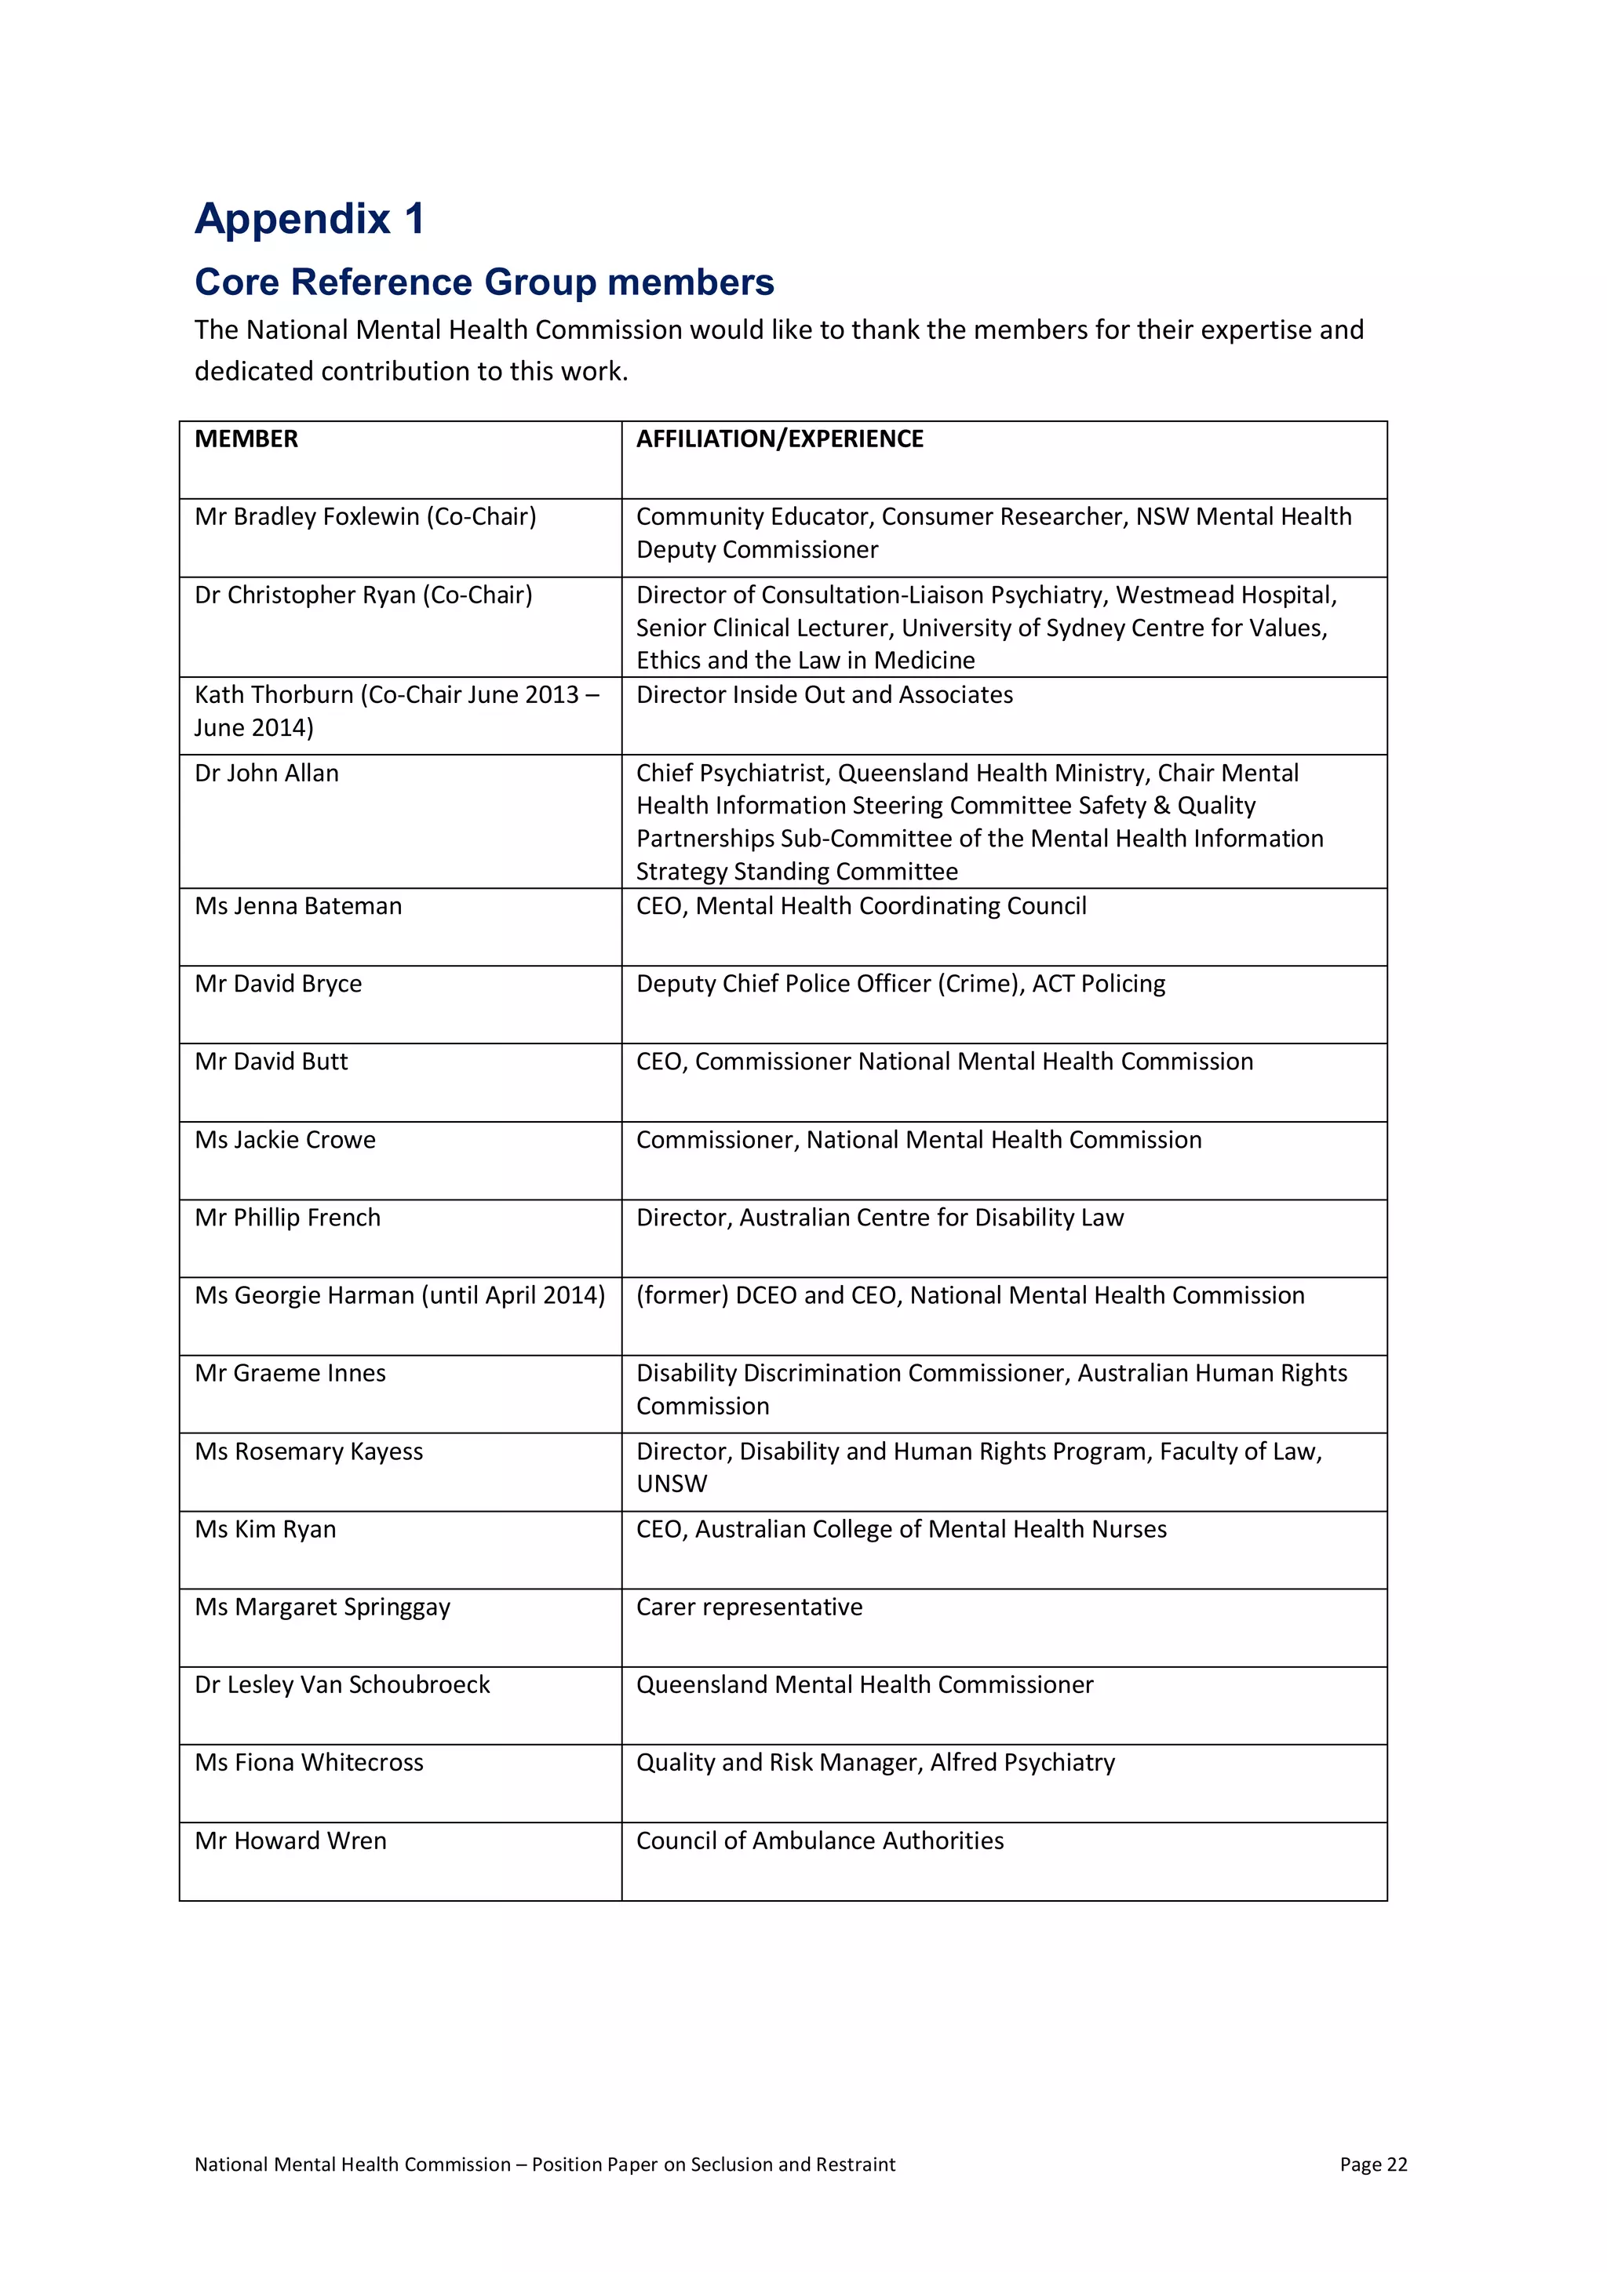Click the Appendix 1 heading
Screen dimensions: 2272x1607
pos(310,219)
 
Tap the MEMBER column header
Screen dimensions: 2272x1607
pos(246,439)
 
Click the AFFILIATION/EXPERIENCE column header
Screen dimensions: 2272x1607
pos(780,439)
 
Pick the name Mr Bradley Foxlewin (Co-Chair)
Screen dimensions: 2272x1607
pos(365,516)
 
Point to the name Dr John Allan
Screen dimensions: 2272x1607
pos(266,773)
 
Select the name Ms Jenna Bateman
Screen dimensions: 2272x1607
pos(298,906)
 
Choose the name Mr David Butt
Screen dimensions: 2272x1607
pos(271,1061)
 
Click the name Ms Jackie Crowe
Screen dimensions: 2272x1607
pos(285,1140)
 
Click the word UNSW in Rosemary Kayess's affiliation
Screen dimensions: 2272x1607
pos(672,1484)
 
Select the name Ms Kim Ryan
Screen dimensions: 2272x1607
pos(265,1530)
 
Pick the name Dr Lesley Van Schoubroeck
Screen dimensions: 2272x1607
pos(342,1685)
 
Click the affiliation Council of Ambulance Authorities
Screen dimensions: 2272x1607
pos(819,1841)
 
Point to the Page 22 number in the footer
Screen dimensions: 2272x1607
pos(1372,2165)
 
